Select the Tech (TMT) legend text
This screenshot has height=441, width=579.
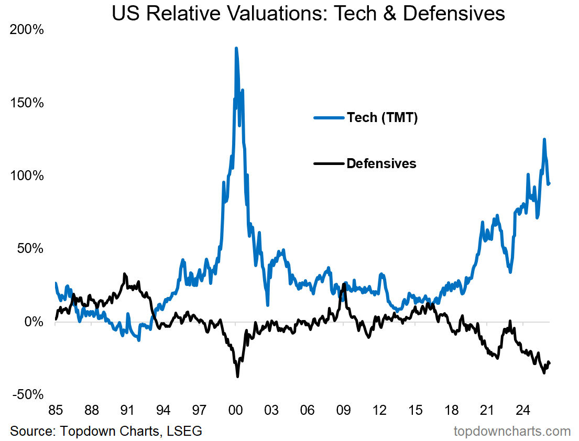tap(382, 118)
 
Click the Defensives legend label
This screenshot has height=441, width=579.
tap(381, 163)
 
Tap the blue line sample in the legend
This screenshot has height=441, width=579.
tap(329, 118)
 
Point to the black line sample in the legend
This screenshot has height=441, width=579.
tap(329, 163)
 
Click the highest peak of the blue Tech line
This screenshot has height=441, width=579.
tap(236, 48)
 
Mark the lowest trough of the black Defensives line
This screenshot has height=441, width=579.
tap(237, 376)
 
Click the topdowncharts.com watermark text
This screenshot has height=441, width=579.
tap(512, 431)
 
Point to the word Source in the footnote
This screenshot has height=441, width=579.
tap(31, 431)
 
